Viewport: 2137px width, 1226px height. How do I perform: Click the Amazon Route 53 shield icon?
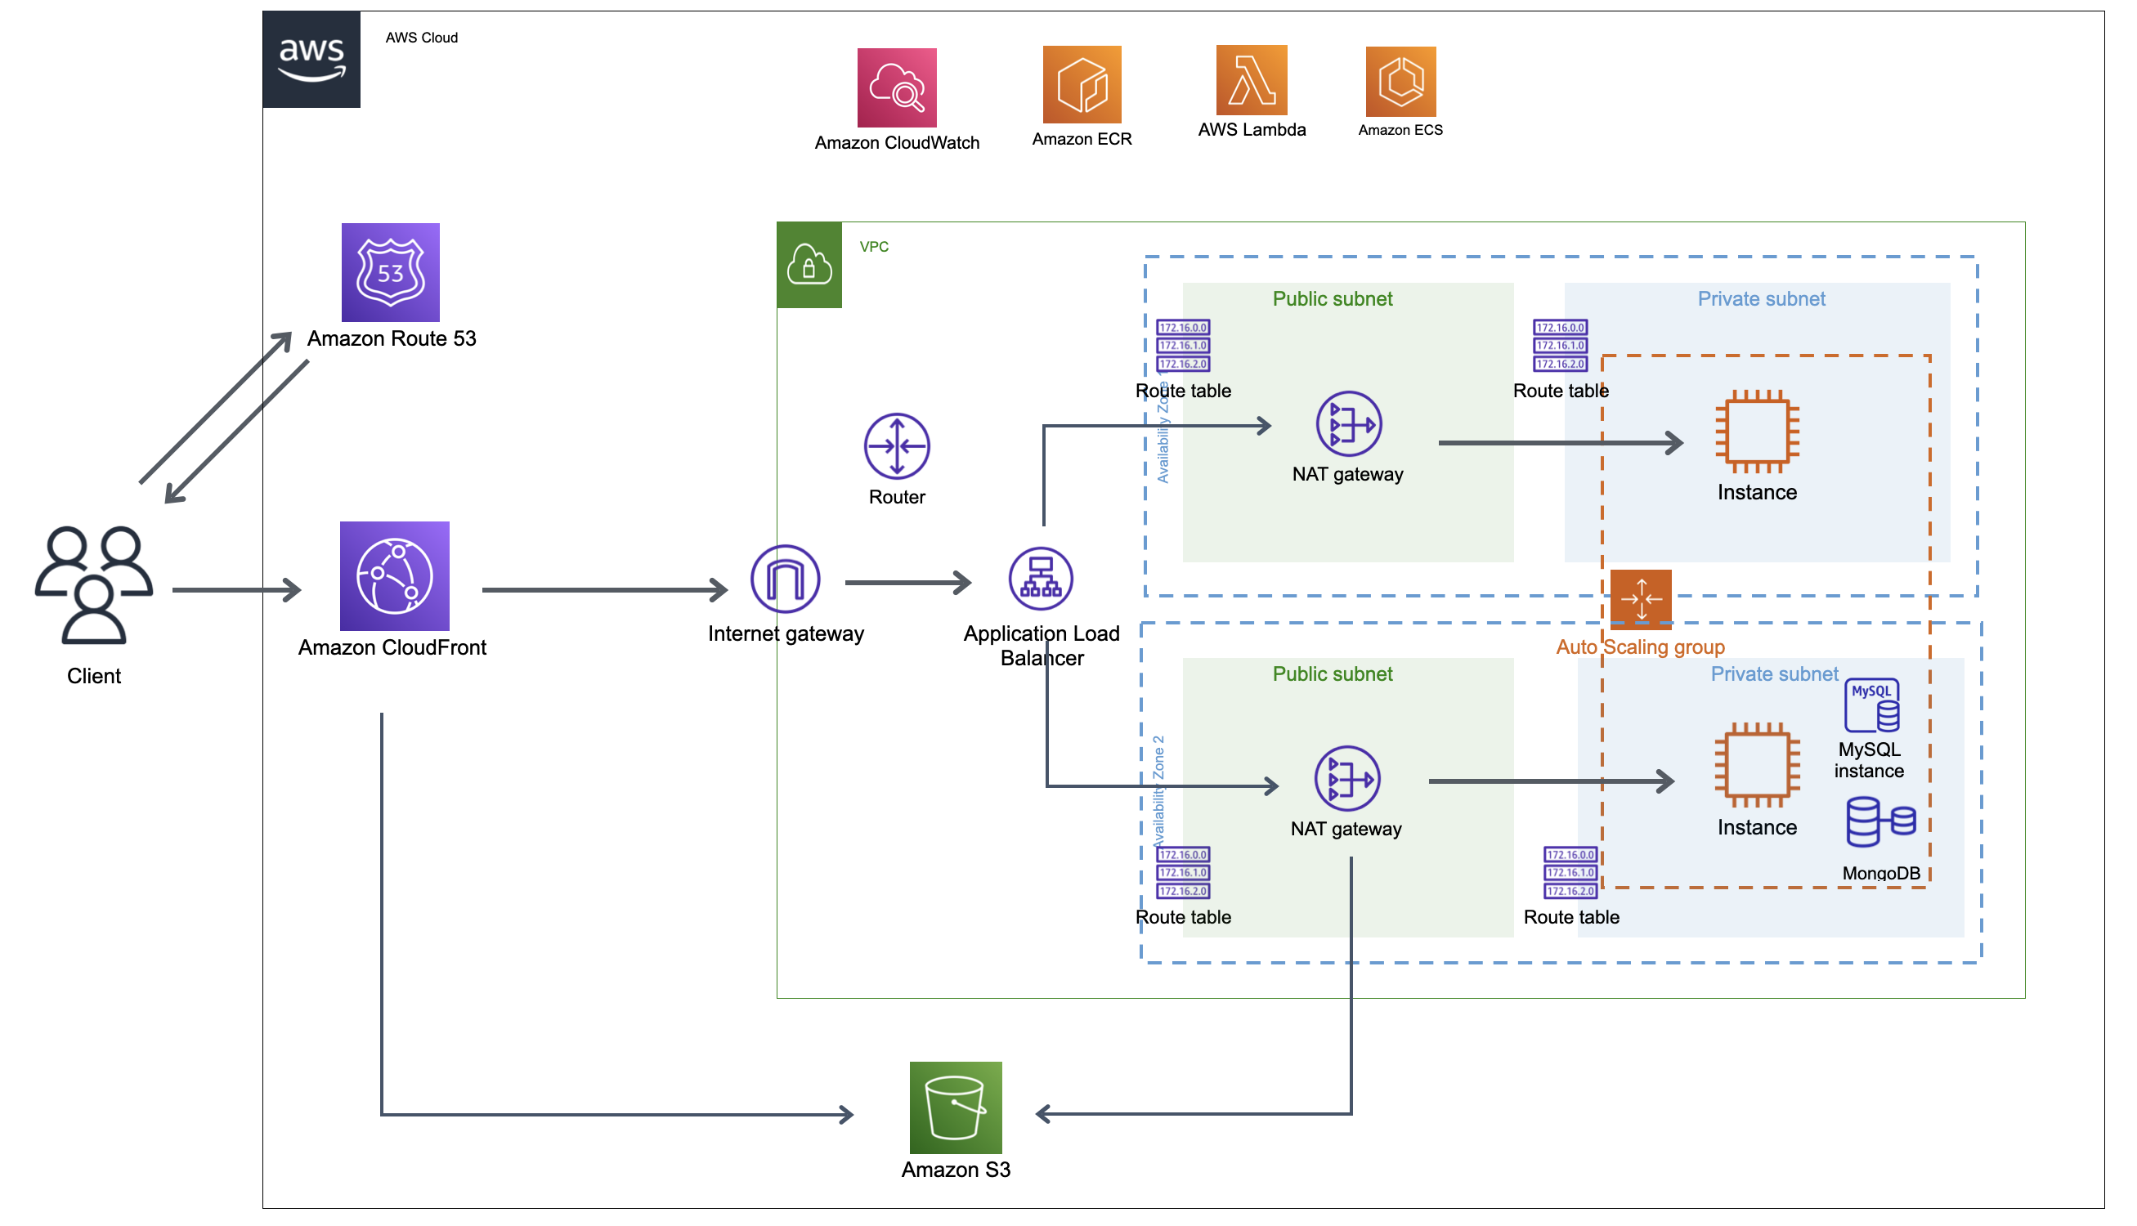(392, 273)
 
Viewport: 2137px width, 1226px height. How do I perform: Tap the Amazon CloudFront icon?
(396, 578)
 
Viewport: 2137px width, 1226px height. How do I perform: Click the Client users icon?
(94, 586)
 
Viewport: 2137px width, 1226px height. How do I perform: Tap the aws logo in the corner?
(312, 60)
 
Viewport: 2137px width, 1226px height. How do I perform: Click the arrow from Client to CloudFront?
(235, 591)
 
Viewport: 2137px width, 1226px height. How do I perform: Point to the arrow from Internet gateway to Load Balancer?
(909, 584)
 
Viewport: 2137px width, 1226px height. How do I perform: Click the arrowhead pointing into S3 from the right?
(1045, 1116)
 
